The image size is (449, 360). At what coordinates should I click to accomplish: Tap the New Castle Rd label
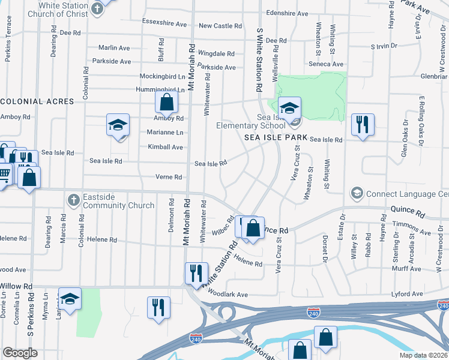[x=220, y=26]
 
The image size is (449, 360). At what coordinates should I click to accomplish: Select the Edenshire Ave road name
[x=287, y=13]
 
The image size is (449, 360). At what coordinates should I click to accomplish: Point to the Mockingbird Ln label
[x=163, y=77]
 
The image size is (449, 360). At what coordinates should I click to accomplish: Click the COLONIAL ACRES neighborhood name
[x=37, y=101]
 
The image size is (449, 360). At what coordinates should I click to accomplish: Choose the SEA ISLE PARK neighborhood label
[x=276, y=137]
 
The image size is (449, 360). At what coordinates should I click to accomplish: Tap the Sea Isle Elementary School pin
[x=290, y=109]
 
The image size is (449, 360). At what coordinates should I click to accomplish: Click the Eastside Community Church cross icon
[x=73, y=199]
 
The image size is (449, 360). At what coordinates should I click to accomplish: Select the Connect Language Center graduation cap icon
[x=357, y=194]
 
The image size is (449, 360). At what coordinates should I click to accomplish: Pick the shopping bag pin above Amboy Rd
[x=167, y=103]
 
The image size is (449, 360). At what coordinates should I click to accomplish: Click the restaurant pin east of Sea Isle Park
[x=363, y=125]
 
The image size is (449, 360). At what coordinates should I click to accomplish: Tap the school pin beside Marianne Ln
[x=118, y=125]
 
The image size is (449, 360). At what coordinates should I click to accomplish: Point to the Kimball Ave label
[x=165, y=147]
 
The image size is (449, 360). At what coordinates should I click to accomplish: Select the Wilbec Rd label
[x=223, y=226]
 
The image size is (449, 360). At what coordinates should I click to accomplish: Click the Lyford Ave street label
[x=407, y=294]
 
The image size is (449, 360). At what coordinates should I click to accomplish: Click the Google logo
[x=20, y=353]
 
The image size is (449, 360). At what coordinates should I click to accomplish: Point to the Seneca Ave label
[x=326, y=64]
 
